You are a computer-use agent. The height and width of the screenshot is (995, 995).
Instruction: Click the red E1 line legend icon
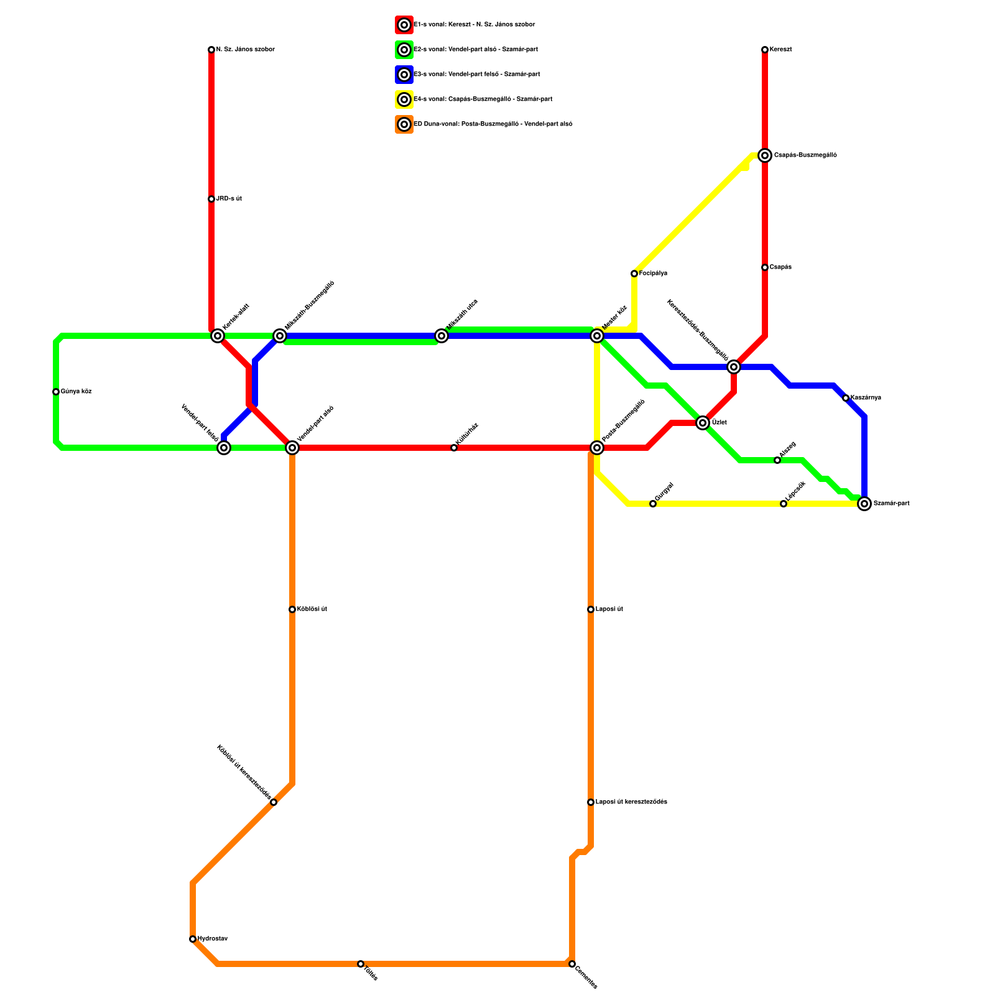coord(404,25)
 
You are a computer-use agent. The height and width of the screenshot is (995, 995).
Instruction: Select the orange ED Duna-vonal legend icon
coord(404,124)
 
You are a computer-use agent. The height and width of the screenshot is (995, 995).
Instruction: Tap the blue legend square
coord(404,75)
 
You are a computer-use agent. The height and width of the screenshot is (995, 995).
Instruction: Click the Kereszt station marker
coord(765,50)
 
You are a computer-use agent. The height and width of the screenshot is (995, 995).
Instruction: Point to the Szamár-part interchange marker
coord(864,504)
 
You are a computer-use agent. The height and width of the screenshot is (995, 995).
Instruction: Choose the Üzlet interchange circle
coord(703,423)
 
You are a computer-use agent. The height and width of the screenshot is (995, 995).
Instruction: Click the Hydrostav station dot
coord(193,939)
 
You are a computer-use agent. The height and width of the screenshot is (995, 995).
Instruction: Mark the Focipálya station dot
coord(634,274)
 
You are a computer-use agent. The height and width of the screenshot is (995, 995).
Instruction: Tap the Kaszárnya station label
coord(866,398)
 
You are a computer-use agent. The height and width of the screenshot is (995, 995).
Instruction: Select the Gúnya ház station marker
coord(56,392)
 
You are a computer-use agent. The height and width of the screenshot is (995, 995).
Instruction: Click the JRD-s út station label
coord(229,199)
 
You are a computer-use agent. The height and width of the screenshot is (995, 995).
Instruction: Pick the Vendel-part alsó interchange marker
coord(292,448)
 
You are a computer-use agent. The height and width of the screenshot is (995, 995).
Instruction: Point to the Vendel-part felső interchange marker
coord(224,448)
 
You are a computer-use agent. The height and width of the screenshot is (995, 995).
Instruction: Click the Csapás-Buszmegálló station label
coord(805,155)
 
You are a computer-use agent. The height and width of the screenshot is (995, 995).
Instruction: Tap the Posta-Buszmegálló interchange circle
coord(597,448)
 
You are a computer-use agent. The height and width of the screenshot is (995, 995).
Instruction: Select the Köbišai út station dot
coord(292,609)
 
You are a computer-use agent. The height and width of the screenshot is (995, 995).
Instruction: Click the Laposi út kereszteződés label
coord(631,802)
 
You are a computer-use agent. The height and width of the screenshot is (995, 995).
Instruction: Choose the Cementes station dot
coord(572,964)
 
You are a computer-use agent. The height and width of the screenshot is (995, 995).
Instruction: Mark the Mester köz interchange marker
coord(597,336)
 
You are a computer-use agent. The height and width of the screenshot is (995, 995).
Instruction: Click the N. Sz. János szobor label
coord(246,50)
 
